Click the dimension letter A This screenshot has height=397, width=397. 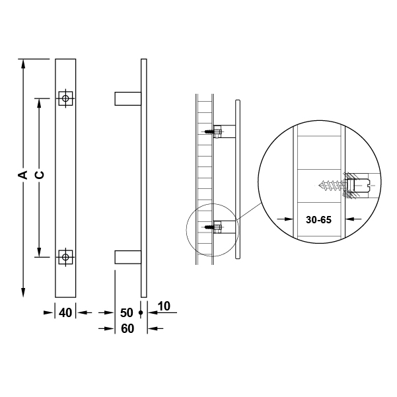click(x=23, y=175)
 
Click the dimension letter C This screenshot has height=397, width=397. click(x=39, y=175)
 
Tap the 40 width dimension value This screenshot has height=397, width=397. click(x=65, y=313)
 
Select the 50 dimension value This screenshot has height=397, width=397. click(x=126, y=313)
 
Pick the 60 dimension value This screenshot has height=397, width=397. click(x=127, y=329)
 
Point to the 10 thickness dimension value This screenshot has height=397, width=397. click(x=164, y=306)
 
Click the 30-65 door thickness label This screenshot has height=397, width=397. click(x=318, y=220)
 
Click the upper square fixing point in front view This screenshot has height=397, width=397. click(x=65, y=98)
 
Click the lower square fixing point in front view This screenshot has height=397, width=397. click(x=65, y=257)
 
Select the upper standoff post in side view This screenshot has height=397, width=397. click(x=128, y=98)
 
